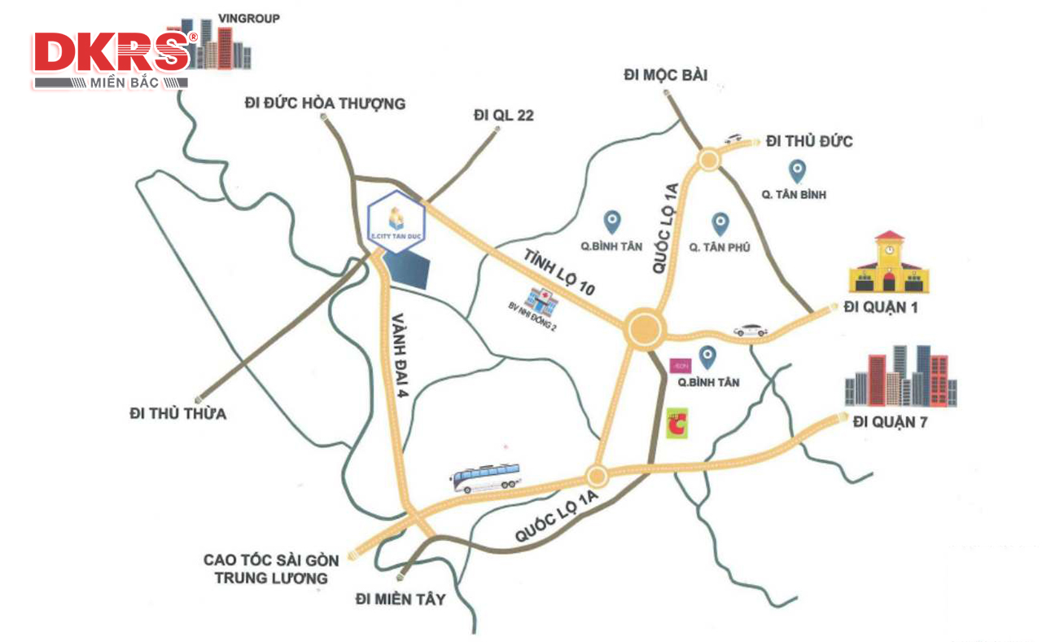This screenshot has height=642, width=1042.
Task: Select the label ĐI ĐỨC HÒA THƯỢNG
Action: (325, 103)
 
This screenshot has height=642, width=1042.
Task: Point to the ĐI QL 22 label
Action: (503, 116)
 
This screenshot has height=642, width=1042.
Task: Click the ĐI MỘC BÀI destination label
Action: (666, 75)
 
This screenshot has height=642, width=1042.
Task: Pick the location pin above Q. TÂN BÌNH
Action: (798, 170)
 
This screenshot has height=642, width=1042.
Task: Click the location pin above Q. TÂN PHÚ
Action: (720, 222)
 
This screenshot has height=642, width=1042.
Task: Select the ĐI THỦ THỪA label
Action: (177, 414)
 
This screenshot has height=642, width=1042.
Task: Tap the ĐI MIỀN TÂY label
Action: (401, 600)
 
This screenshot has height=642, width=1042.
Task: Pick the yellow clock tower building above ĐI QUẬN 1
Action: (889, 262)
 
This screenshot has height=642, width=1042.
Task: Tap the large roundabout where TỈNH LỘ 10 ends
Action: (646, 329)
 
